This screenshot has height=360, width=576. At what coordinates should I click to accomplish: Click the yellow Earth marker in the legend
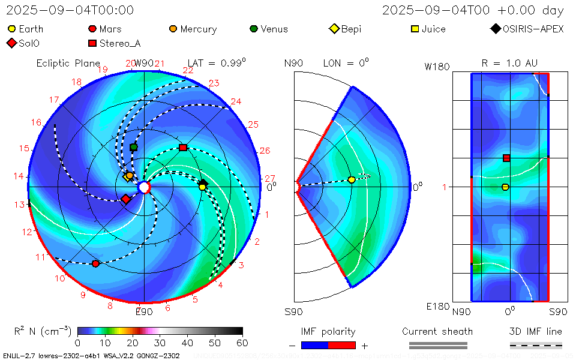(12, 29)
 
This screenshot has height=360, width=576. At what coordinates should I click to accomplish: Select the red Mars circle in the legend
(92, 29)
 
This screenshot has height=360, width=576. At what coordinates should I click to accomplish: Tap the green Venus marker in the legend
(254, 29)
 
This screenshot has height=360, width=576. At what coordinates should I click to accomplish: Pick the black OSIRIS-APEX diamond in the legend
(495, 29)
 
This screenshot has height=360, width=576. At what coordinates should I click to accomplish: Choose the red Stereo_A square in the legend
(92, 43)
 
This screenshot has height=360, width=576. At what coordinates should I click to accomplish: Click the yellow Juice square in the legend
(415, 29)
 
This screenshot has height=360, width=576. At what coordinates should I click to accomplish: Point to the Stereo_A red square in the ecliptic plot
(183, 147)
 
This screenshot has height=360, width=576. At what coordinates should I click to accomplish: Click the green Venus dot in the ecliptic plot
(134, 147)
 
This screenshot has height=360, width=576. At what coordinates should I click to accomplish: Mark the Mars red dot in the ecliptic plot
(95, 263)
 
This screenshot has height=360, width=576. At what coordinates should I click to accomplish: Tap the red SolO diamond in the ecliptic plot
(126, 199)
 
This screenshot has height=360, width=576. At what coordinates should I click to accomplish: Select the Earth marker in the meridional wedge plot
(352, 180)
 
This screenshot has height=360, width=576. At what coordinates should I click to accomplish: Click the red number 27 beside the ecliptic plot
(270, 178)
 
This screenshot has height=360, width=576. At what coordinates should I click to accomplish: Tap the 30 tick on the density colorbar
(160, 343)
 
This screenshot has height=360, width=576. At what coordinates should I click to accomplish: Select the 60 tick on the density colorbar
(242, 343)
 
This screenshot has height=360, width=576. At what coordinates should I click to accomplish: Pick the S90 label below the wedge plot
(293, 311)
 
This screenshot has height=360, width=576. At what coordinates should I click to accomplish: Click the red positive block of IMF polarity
(342, 345)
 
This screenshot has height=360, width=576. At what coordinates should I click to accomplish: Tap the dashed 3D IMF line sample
(536, 345)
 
